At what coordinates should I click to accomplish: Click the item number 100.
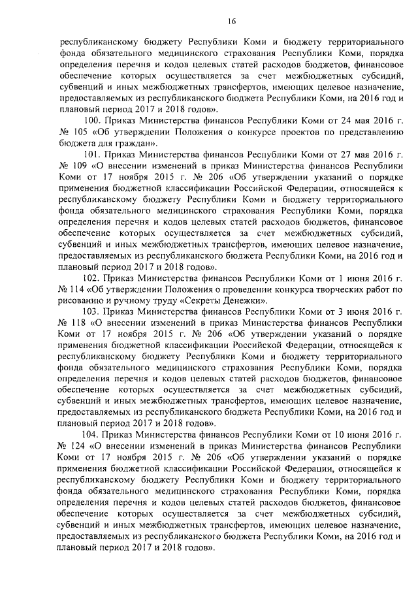(x=95, y=121)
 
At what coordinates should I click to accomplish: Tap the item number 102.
(x=95, y=278)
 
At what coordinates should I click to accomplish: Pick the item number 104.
(x=95, y=434)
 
